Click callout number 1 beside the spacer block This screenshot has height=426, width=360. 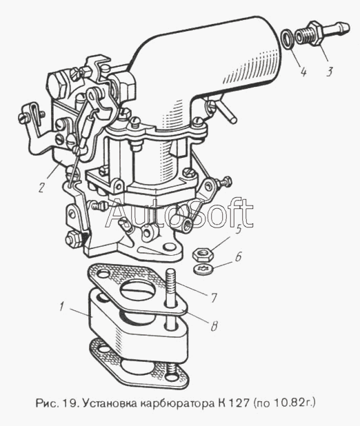tap(61, 307)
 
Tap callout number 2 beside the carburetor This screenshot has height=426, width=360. tap(41, 187)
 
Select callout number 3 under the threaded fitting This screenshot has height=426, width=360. tap(329, 72)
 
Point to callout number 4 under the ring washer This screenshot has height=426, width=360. tap(303, 72)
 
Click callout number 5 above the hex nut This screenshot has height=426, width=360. tap(239, 230)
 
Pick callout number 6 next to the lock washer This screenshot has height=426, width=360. tap(239, 256)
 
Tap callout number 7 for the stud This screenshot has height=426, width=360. tap(213, 298)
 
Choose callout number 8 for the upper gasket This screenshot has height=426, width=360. tap(214, 326)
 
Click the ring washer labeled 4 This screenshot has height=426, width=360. tap(287, 39)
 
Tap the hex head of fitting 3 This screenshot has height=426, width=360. tap(316, 33)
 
